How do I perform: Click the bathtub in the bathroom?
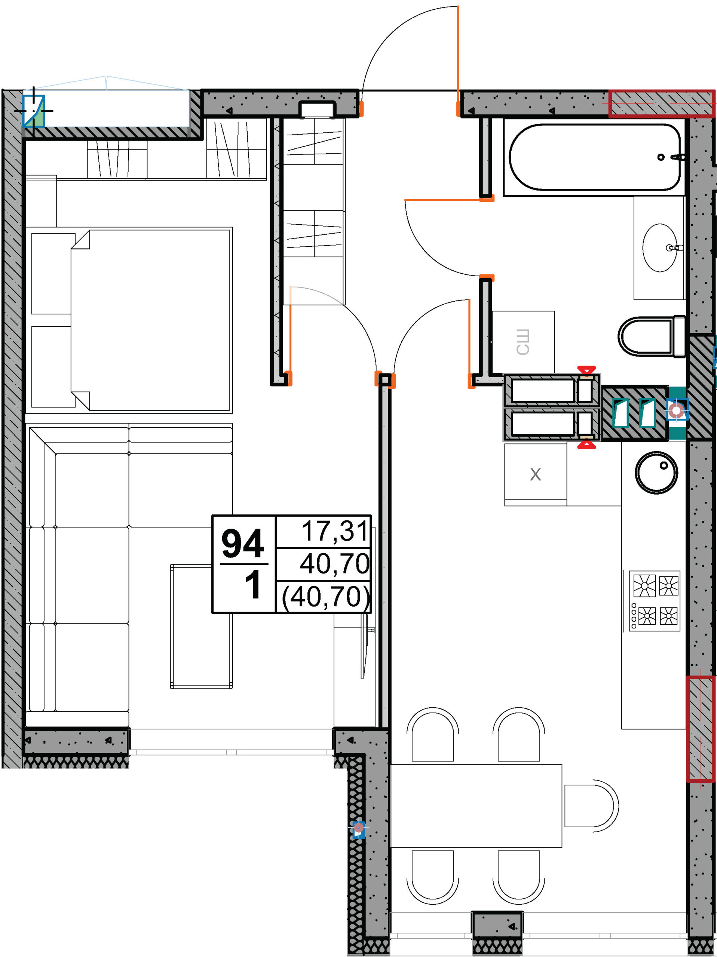tap(594, 157)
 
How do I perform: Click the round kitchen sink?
tap(656, 473)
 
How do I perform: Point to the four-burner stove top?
tap(655, 600)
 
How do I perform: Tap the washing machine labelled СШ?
tap(523, 342)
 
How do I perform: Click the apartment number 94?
tap(243, 544)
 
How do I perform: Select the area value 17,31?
tap(335, 531)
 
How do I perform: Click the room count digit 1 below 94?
tap(253, 585)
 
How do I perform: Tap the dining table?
tap(476, 806)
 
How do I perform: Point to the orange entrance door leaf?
tap(458, 61)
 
